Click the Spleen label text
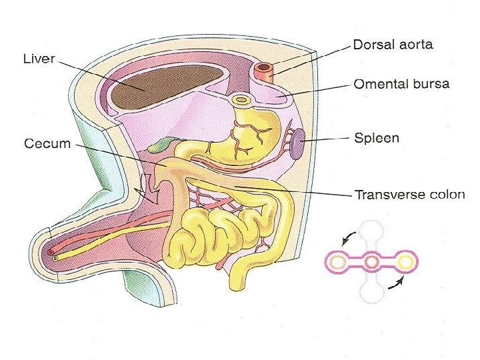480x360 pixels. [x=376, y=139]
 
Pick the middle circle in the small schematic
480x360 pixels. [x=371, y=261]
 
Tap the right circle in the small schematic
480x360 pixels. [x=405, y=261]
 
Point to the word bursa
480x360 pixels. [x=431, y=85]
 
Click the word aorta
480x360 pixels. [x=415, y=45]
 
